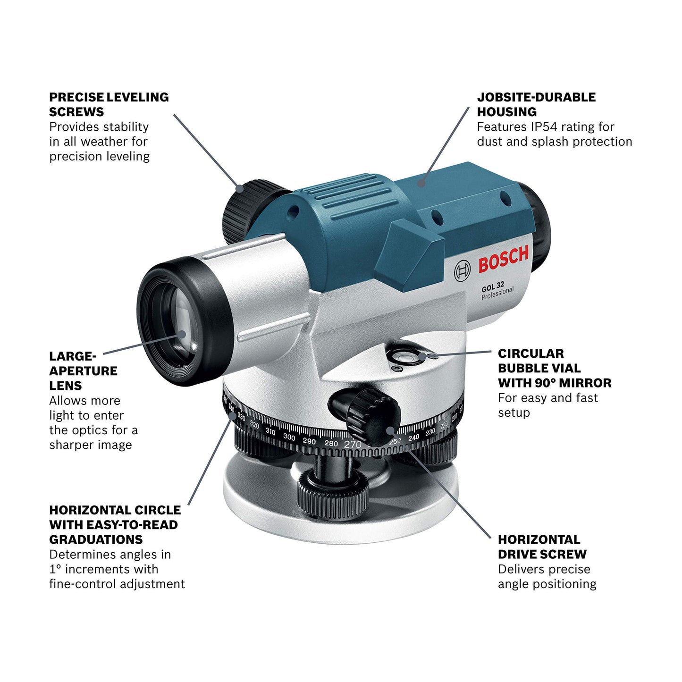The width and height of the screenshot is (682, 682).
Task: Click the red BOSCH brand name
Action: [x=504, y=259]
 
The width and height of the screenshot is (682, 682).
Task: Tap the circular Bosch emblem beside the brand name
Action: [x=462, y=270]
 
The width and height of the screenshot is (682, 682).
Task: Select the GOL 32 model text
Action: [x=493, y=286]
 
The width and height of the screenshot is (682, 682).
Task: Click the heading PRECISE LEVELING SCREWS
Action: [x=109, y=104]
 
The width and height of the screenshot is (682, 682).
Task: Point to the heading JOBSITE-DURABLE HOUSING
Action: [x=536, y=104]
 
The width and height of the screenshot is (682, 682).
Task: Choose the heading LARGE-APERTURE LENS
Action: [x=83, y=371]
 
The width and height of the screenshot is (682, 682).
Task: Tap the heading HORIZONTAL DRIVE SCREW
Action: [x=542, y=547]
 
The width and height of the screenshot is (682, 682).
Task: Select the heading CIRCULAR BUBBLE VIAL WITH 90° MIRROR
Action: [x=554, y=368]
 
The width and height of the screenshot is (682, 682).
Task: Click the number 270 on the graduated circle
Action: [x=353, y=444]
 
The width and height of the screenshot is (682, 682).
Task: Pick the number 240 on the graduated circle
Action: [x=414, y=438]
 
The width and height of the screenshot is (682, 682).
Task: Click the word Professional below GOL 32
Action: [x=497, y=293]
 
